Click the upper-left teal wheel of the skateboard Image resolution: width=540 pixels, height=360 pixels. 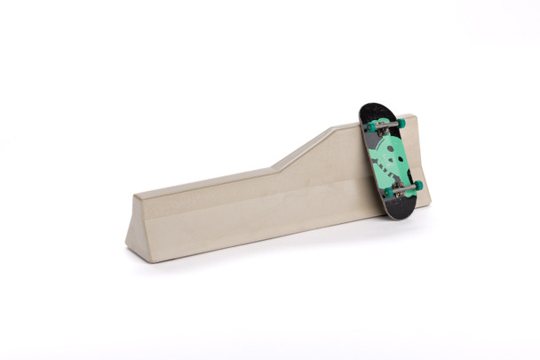(x=371, y=127)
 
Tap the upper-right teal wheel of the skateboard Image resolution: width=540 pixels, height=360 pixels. (x=401, y=124)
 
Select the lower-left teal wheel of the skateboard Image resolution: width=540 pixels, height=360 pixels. (x=388, y=192)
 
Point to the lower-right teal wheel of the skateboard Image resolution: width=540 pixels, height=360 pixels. (x=418, y=186)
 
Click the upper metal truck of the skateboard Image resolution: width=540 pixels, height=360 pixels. (x=385, y=125)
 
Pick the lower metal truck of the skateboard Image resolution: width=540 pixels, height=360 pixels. (x=403, y=189)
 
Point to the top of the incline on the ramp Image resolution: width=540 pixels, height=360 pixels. (x=332, y=130)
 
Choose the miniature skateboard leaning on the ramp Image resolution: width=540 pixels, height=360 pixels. (x=391, y=160)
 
